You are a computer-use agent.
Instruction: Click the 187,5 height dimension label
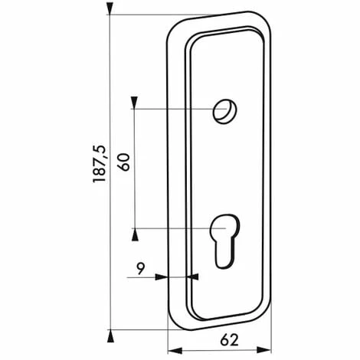[100, 164]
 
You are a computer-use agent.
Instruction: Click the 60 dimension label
[124, 162]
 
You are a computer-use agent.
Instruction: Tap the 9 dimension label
[141, 268]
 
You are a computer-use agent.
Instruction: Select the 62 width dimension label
[229, 340]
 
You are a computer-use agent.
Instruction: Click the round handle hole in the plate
[224, 111]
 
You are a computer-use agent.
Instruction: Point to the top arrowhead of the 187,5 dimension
[110, 9]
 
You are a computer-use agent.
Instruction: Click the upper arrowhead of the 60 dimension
[134, 103]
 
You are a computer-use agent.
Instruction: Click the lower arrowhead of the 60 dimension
[135, 234]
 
